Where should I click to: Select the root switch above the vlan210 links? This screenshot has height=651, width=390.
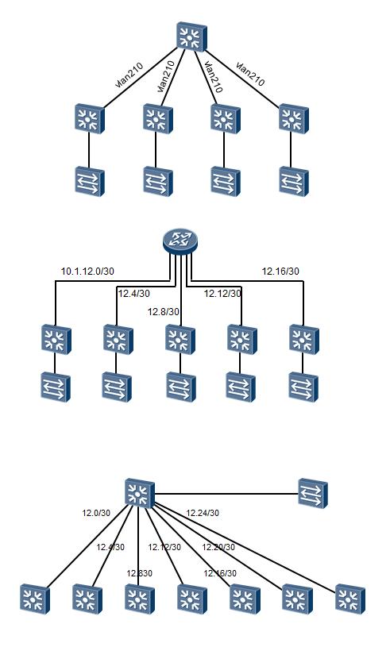click(x=191, y=37)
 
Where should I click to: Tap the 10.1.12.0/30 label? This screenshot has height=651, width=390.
click(x=87, y=272)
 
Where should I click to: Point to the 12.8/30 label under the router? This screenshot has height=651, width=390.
click(x=164, y=312)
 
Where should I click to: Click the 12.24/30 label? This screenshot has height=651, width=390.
click(x=203, y=514)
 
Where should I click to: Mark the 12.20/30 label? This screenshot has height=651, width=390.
click(x=218, y=547)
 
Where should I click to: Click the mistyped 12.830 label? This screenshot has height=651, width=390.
click(x=139, y=573)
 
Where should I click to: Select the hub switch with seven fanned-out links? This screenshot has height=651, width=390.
click(x=140, y=493)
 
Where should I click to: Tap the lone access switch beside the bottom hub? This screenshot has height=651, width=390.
click(x=312, y=492)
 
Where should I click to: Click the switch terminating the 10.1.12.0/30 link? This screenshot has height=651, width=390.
click(x=56, y=339)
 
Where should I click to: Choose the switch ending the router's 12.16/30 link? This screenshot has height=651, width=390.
click(x=303, y=339)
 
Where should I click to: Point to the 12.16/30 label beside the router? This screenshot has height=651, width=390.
click(x=280, y=272)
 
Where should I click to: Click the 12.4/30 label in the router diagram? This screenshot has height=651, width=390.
click(x=132, y=294)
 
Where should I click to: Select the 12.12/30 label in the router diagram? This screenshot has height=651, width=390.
click(x=222, y=294)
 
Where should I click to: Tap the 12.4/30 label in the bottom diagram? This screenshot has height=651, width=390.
click(x=110, y=547)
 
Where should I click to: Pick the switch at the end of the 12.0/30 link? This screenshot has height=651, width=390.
click(x=34, y=599)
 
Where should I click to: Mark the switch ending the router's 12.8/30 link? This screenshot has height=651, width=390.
click(x=180, y=339)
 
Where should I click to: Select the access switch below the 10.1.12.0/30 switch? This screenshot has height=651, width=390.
click(x=56, y=387)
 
